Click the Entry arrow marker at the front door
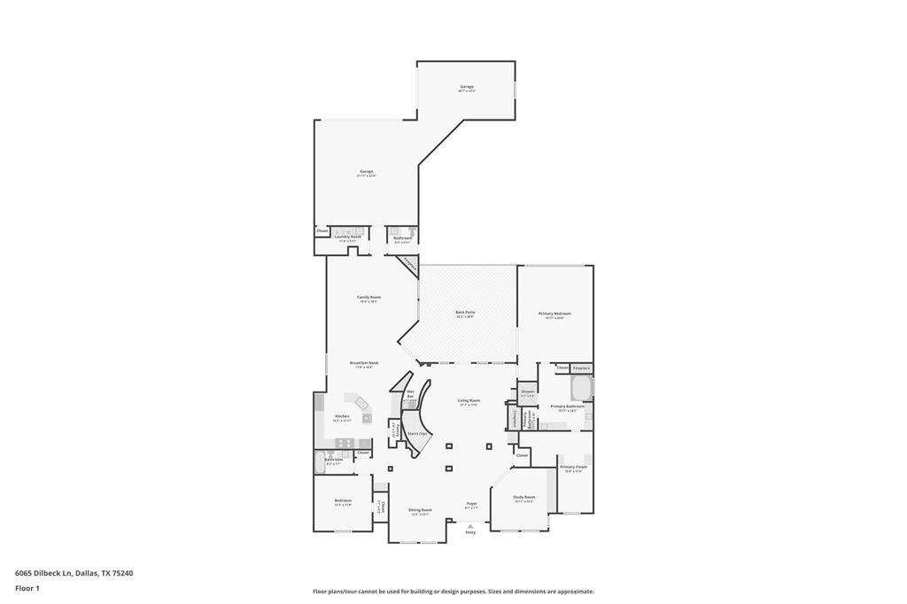point(470,525)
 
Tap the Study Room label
point(524,497)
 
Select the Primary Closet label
point(573,467)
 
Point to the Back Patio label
point(465,312)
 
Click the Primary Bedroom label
point(555,314)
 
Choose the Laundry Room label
point(347,236)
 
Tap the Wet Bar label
point(410,393)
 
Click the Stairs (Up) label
point(418,433)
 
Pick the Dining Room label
point(420,509)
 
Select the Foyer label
point(472,504)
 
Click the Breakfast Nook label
point(364,362)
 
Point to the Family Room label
point(368,297)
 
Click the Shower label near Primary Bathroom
point(528,391)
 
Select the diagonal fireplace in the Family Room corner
point(409,264)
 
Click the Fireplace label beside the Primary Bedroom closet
point(581,368)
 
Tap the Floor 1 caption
point(27,588)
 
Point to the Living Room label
point(469,400)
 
